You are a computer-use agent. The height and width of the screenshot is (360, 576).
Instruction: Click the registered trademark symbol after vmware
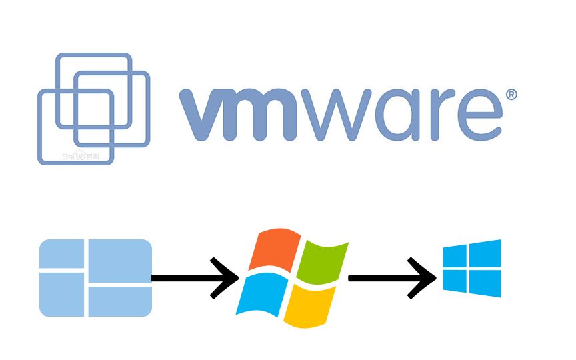pyautogui.click(x=511, y=95)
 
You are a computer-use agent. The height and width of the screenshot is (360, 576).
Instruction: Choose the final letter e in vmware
pyautogui.click(x=478, y=115)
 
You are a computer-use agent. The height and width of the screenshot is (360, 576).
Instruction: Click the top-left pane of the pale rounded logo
pyautogui.click(x=61, y=253)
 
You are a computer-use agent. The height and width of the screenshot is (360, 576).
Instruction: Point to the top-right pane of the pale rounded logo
pyautogui.click(x=119, y=261)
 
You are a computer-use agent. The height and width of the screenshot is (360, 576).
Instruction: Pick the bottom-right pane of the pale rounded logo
pyautogui.click(x=119, y=301)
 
